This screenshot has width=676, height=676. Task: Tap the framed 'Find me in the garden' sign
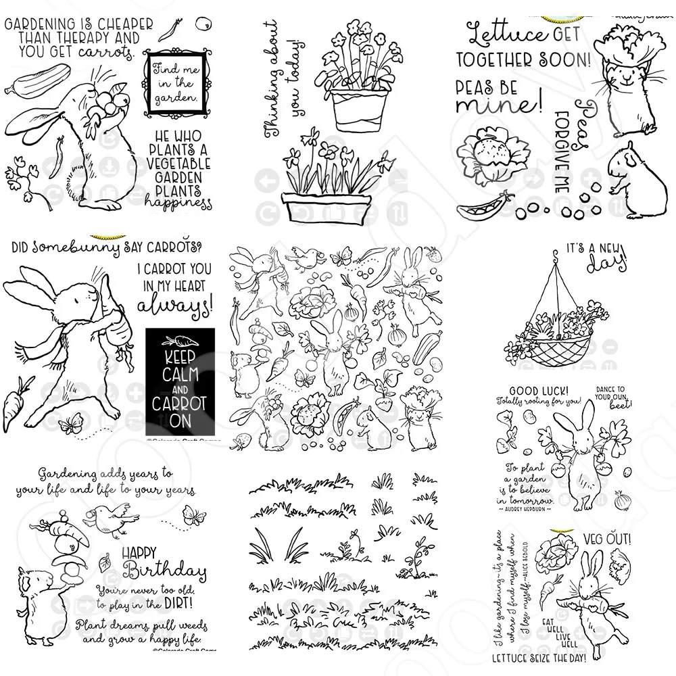click(x=174, y=81)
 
